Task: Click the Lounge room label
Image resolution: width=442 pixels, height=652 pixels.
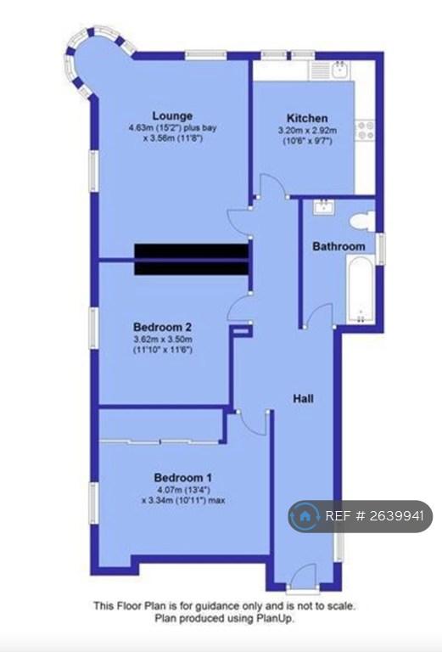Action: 172,116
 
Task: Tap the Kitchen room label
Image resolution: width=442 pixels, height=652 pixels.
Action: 307,118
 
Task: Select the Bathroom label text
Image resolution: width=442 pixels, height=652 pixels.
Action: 338,246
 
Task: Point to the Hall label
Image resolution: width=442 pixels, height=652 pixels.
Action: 303,399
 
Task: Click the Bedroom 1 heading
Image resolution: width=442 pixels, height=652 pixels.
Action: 182,477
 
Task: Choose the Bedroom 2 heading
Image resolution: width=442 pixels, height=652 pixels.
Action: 162,327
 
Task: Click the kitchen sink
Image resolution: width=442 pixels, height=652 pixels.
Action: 341,70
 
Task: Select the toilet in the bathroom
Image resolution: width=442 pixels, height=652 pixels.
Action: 362,221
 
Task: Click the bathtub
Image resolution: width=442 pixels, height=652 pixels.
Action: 360,289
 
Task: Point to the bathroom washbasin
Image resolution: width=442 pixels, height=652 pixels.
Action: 323,206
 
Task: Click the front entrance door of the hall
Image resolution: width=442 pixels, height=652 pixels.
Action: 303,576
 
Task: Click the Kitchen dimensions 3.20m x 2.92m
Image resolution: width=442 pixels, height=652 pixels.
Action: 307,131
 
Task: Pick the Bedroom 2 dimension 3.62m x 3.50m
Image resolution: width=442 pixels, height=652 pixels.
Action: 162,339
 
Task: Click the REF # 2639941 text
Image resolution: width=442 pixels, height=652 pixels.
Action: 374,516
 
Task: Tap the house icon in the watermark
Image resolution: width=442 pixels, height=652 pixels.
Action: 305,516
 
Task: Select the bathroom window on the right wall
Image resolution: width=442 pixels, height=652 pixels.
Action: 380,249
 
